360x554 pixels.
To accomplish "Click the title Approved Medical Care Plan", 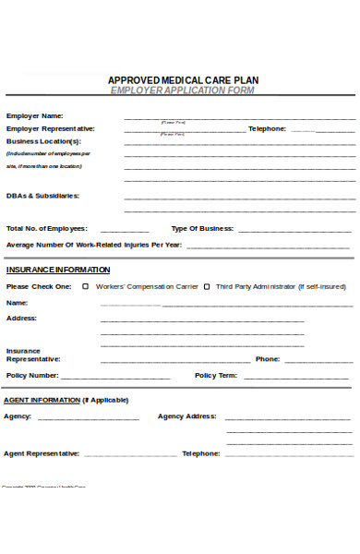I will [183, 80].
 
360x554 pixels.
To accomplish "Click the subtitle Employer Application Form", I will [183, 91].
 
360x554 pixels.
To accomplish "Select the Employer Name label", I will [34, 115].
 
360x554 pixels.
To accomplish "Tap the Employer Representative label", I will [50, 128].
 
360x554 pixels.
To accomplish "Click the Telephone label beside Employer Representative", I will [267, 128].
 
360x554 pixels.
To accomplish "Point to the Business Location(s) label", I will [43, 141].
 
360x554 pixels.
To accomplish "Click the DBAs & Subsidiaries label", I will [42, 196].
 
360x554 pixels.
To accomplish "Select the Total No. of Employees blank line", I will [124, 231].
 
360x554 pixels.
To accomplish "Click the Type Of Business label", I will [202, 228].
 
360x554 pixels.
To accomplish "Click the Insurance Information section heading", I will [58, 270].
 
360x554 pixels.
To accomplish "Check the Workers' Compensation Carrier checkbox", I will [86, 286].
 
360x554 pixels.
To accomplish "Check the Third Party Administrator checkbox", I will [207, 286].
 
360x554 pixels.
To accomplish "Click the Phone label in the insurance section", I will [268, 358].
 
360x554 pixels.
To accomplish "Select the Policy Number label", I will [32, 376].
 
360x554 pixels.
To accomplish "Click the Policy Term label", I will [216, 376].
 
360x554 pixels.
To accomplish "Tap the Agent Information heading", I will [66, 400].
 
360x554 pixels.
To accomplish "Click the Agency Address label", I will [187, 416].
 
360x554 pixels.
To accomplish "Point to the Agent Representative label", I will [42, 453].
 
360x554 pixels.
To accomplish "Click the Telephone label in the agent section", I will [200, 453].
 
